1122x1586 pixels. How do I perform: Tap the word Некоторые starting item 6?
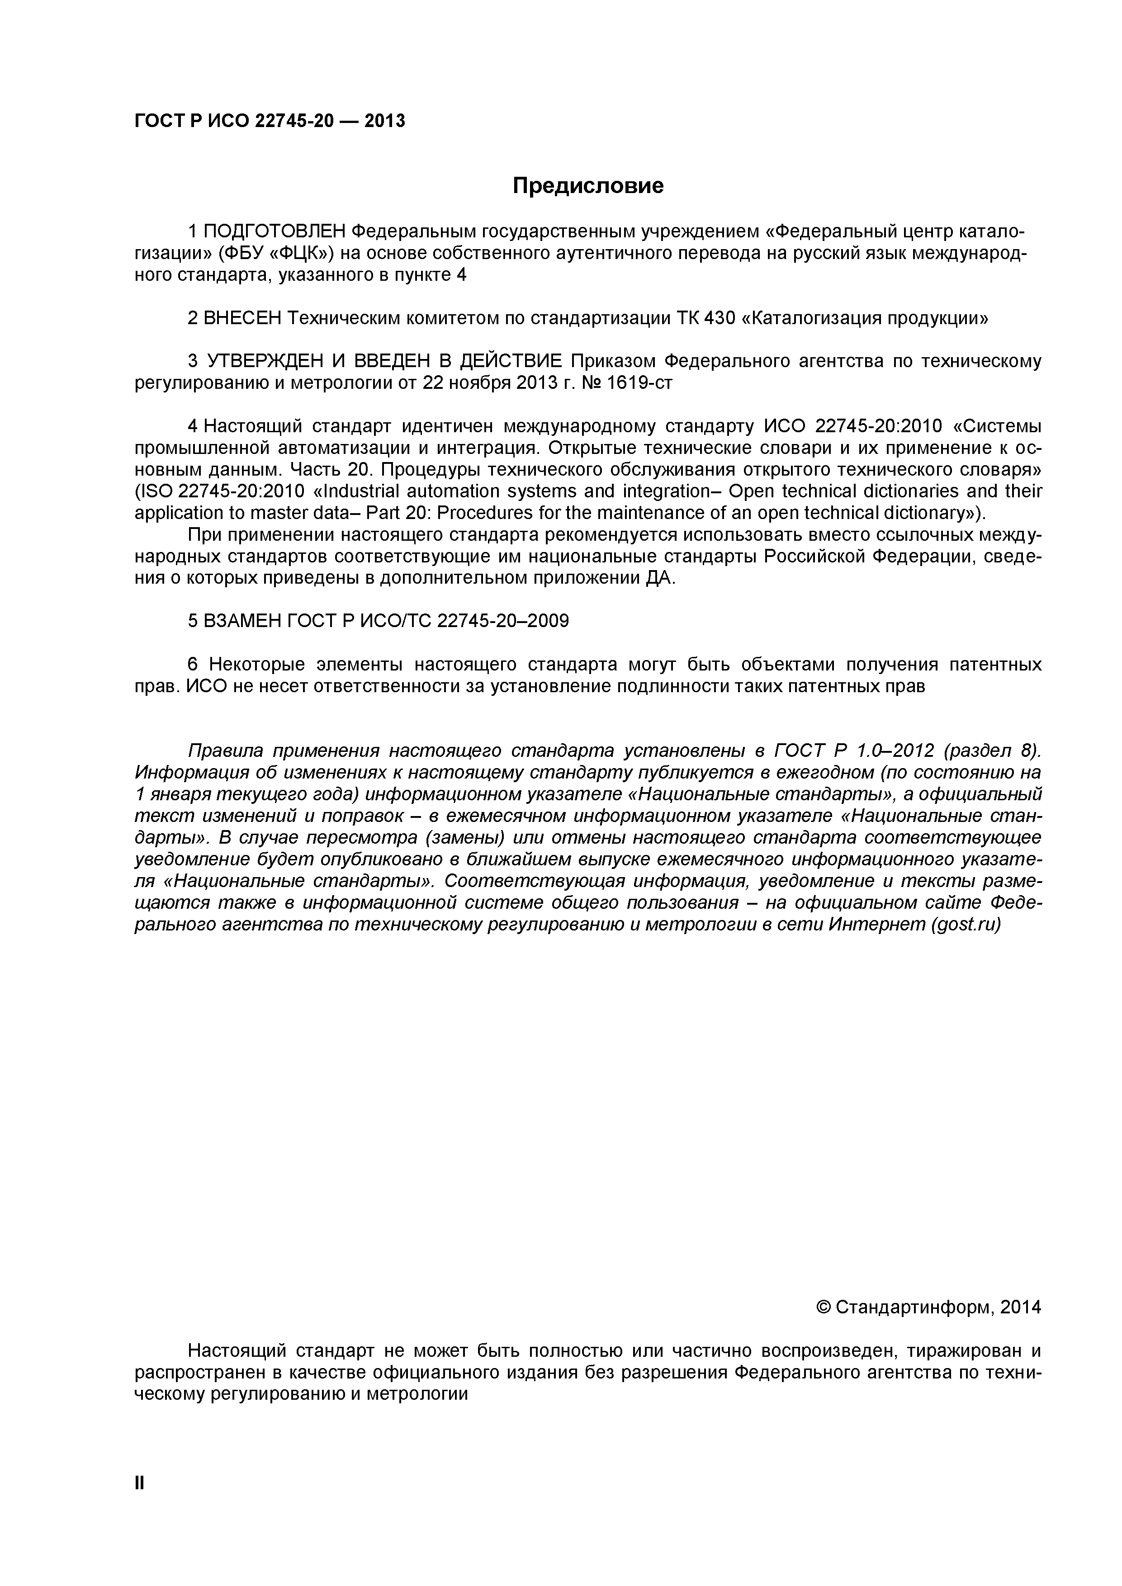pos(257,665)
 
